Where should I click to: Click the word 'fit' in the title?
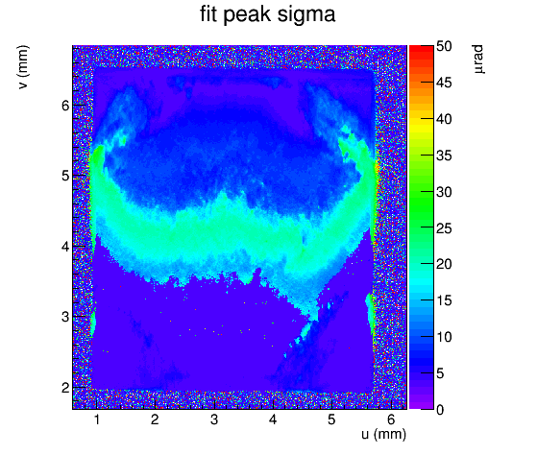tap(208, 14)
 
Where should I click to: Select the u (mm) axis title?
tap(383, 434)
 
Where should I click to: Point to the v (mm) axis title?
tap(23, 67)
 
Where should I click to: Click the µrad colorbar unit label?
tap(478, 60)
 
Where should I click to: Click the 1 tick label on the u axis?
tap(97, 419)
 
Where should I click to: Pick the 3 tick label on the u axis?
tap(214, 419)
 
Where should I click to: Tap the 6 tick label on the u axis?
tap(391, 419)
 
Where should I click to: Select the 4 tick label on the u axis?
tap(273, 419)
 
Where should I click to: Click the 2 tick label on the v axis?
tap(65, 388)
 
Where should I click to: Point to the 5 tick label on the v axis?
tap(65, 176)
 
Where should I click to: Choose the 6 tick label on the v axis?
tap(65, 106)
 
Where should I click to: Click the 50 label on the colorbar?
tap(444, 46)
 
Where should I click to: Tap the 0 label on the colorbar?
tap(440, 409)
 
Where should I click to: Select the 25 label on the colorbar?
tap(444, 228)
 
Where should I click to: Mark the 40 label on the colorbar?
tap(444, 119)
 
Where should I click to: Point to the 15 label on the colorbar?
tap(444, 300)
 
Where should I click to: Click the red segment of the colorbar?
tap(422, 52)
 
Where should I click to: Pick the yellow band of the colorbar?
tap(422, 128)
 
